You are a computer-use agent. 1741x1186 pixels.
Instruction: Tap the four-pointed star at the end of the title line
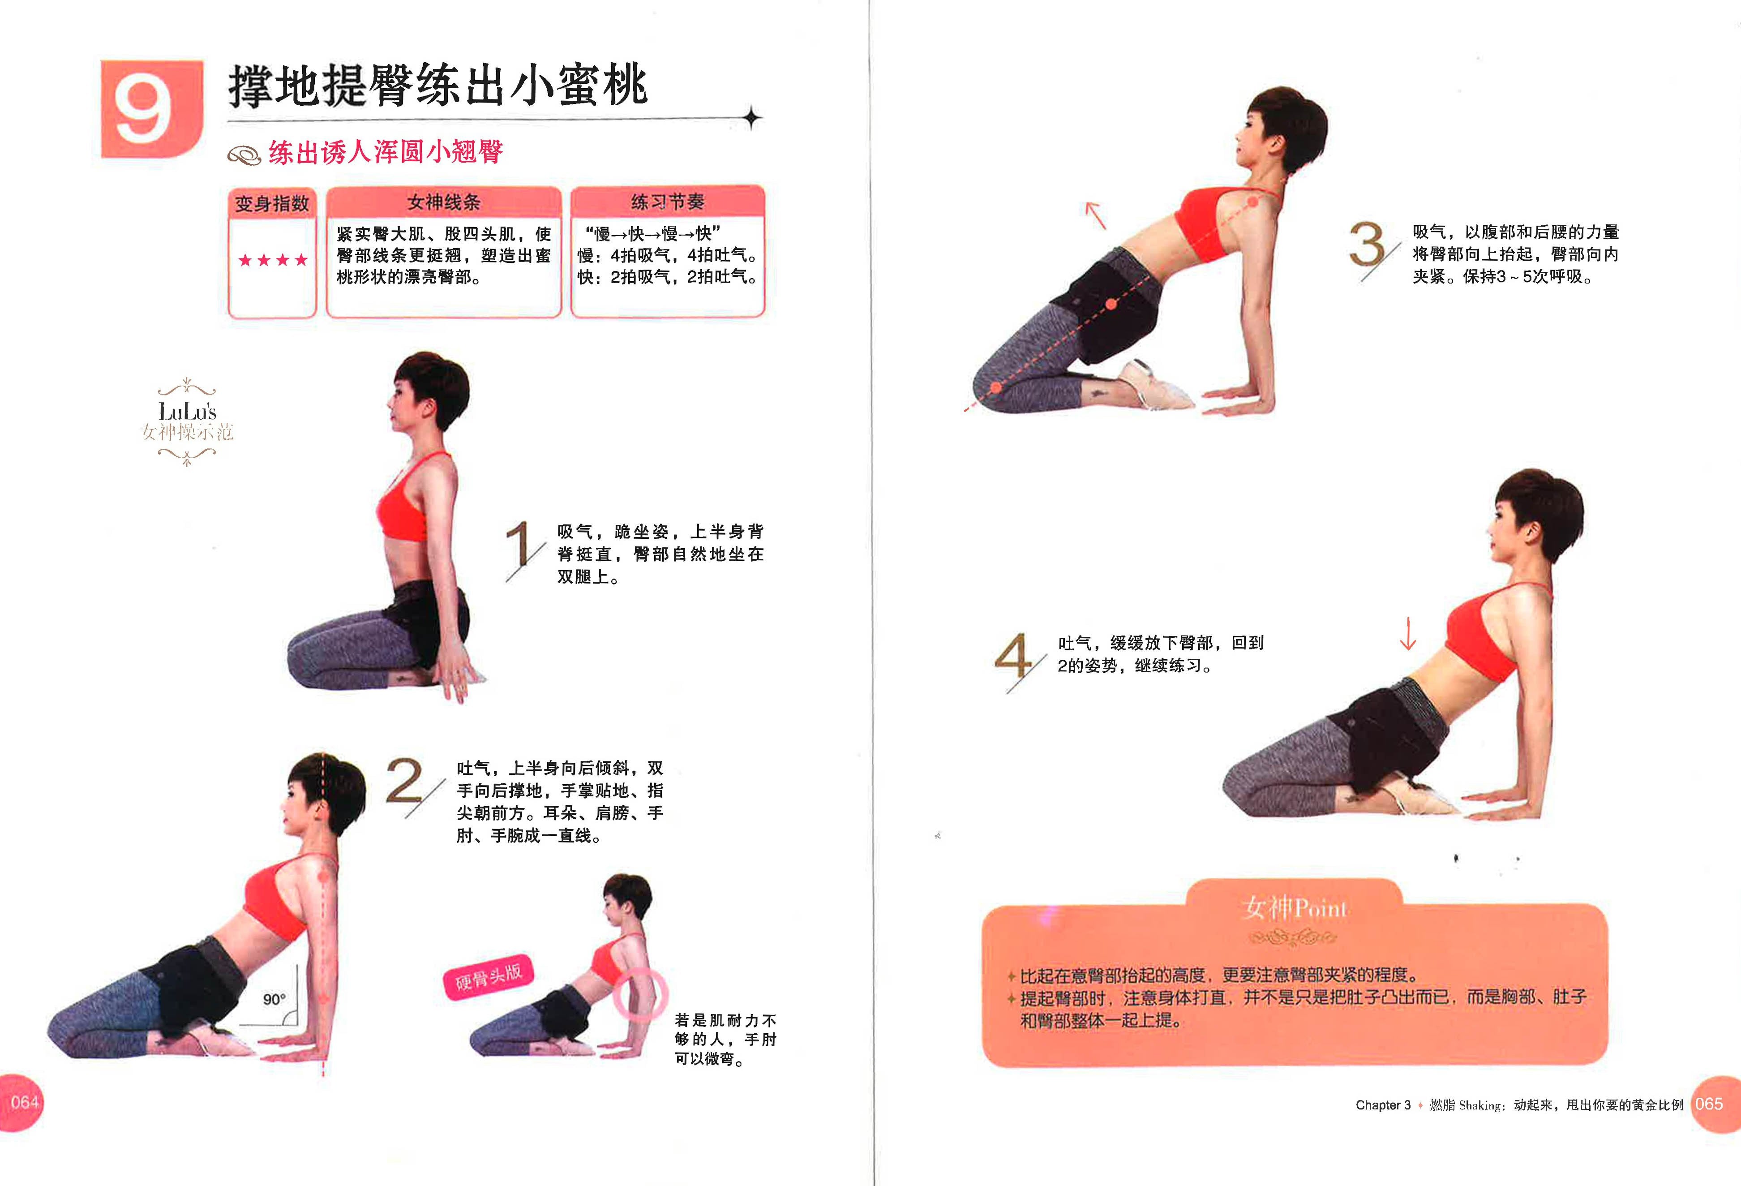click(752, 118)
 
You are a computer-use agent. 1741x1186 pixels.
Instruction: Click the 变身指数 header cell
click(272, 203)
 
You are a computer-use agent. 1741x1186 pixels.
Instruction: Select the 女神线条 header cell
click(443, 202)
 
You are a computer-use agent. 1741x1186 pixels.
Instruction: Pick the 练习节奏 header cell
click(667, 202)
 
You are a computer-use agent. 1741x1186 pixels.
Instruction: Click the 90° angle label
click(274, 999)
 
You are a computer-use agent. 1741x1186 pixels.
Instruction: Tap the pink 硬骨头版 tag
click(489, 976)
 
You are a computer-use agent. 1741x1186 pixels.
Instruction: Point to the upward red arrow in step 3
click(1095, 215)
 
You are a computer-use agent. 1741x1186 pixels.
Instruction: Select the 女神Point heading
click(1294, 908)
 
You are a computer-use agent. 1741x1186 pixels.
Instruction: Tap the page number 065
click(1709, 1104)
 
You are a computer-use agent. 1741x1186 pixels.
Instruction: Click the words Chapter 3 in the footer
click(1382, 1105)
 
